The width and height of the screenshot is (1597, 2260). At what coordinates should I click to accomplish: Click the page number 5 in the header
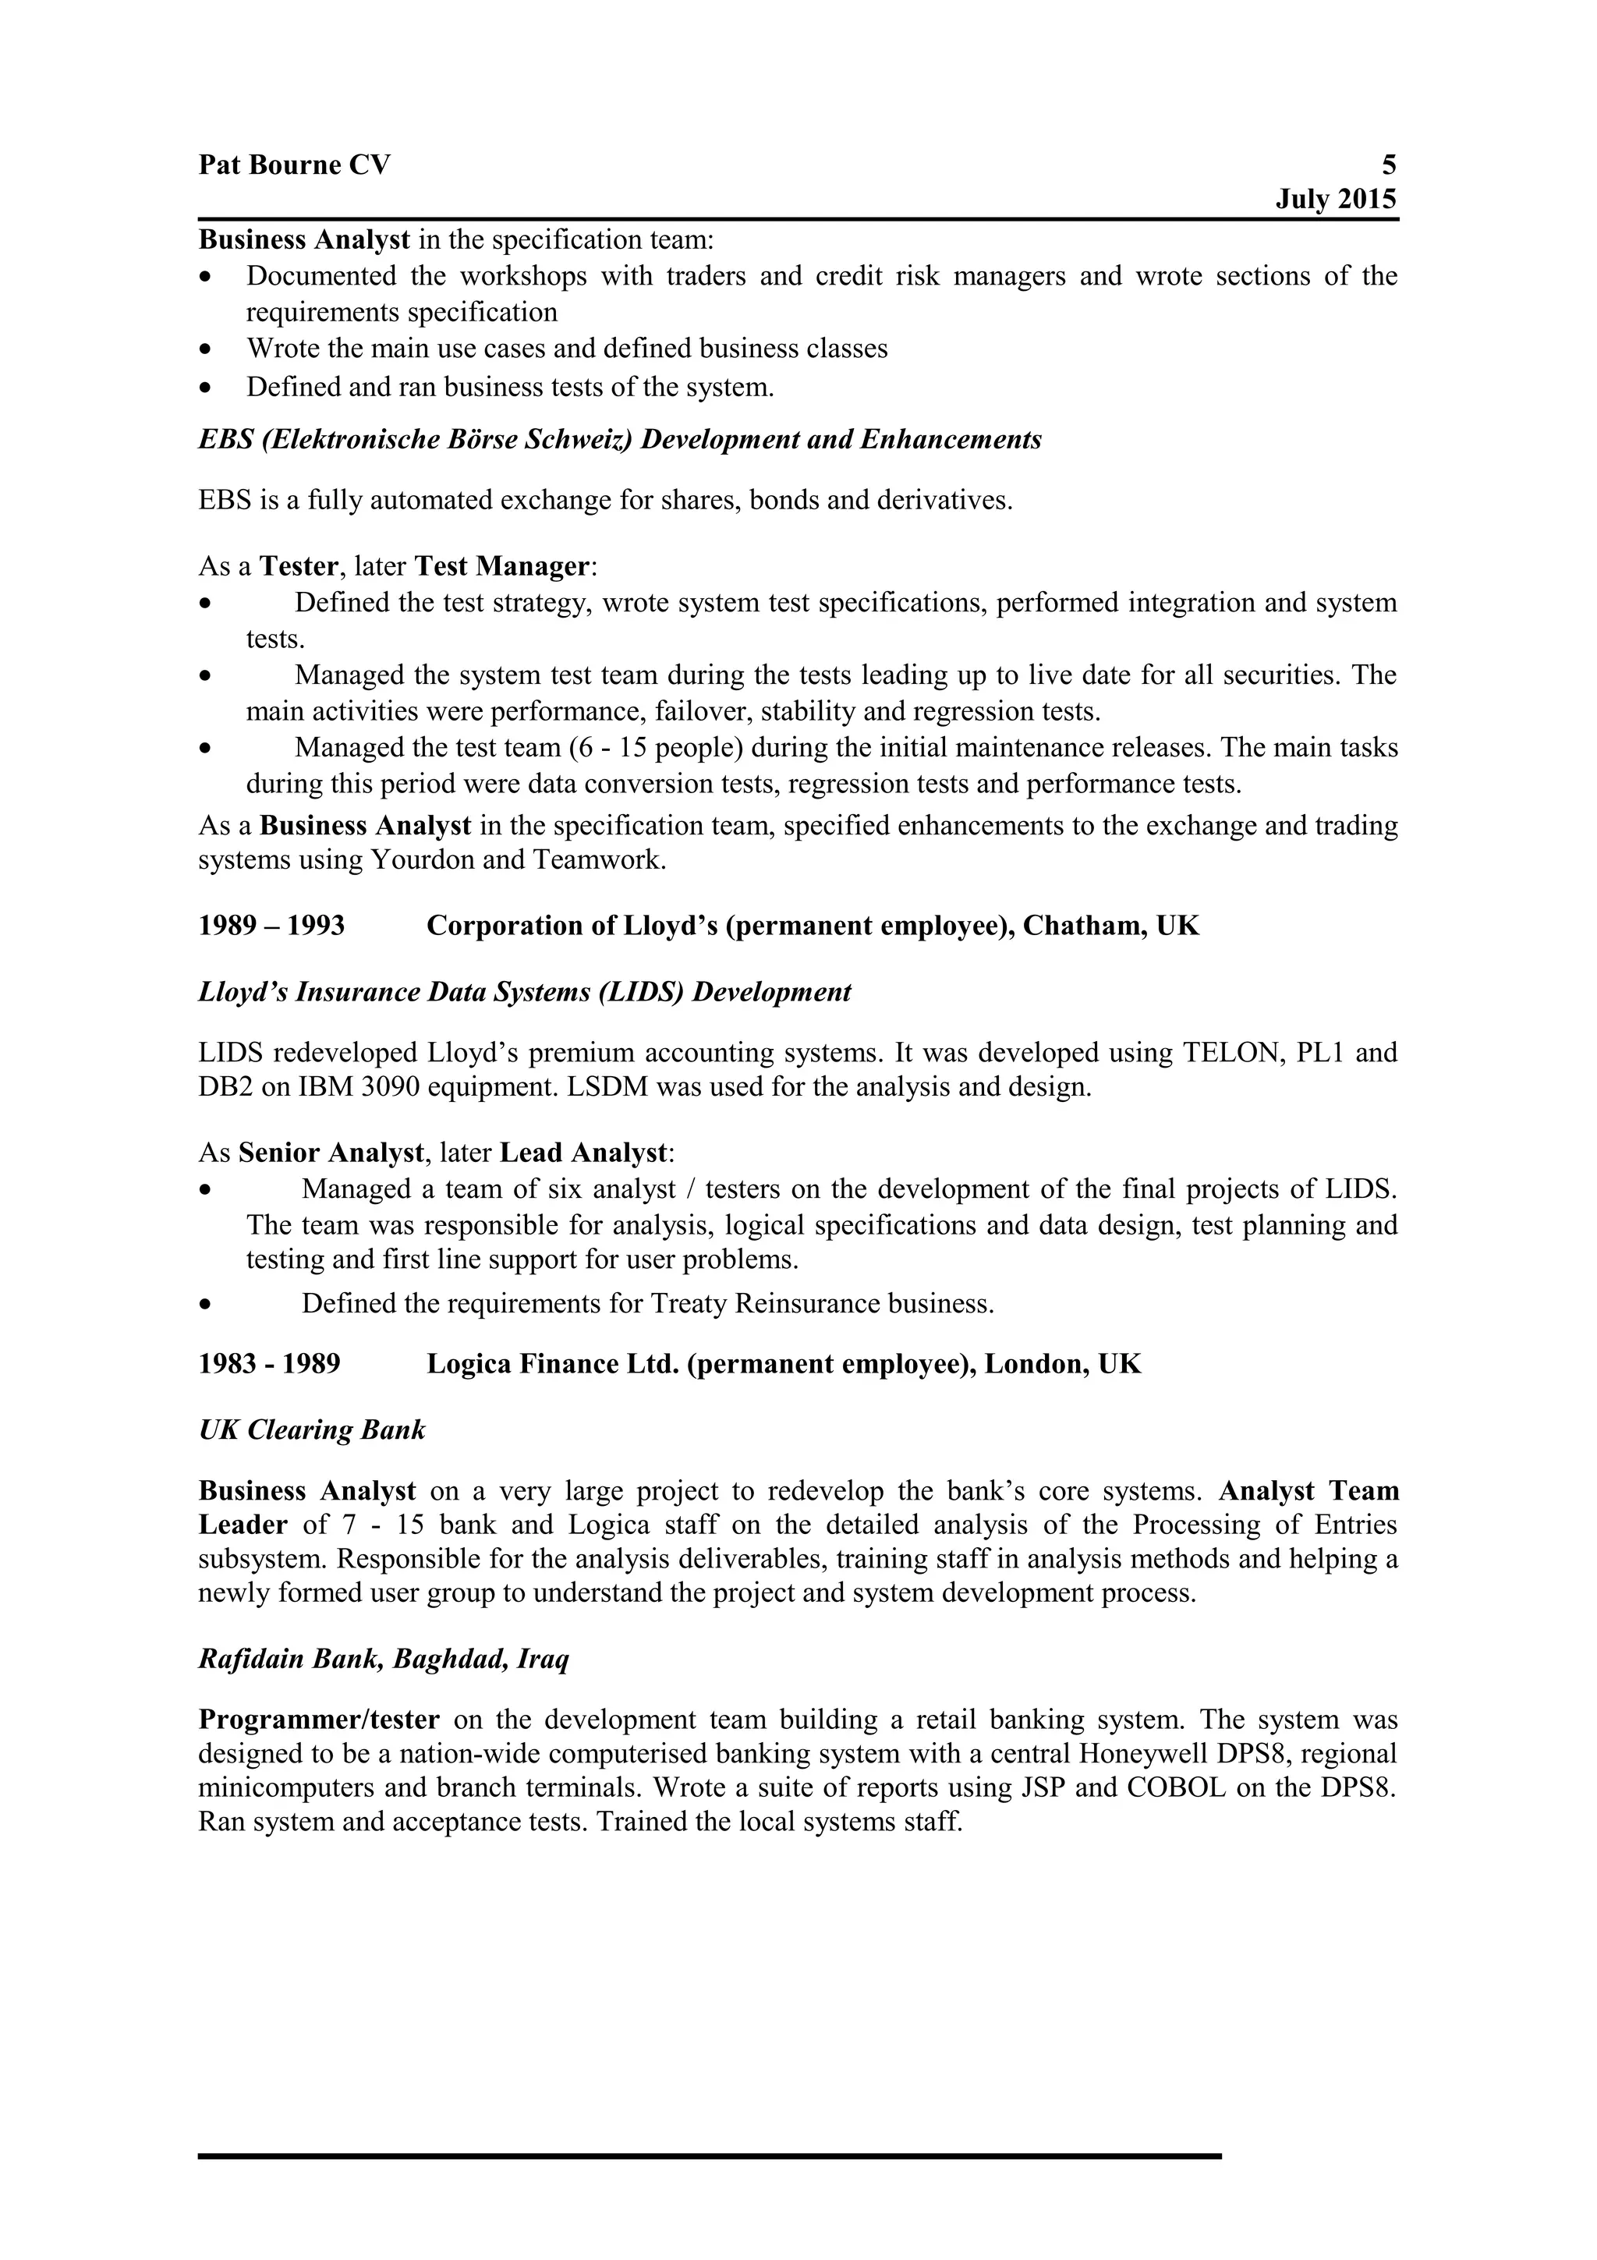coord(1388,165)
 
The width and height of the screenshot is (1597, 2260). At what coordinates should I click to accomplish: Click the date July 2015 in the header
coord(1335,200)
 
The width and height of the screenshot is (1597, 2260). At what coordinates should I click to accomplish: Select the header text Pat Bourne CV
coord(294,165)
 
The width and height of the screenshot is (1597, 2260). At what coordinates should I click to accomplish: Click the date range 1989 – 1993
coord(271,926)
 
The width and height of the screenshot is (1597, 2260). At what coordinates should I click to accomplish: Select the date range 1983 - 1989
coord(270,1364)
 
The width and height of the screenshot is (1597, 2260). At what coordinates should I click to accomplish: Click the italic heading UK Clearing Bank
coord(312,1430)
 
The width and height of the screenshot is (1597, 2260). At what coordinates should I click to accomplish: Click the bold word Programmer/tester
coord(319,1720)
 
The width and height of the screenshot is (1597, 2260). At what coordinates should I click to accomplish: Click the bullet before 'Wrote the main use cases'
coord(204,349)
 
